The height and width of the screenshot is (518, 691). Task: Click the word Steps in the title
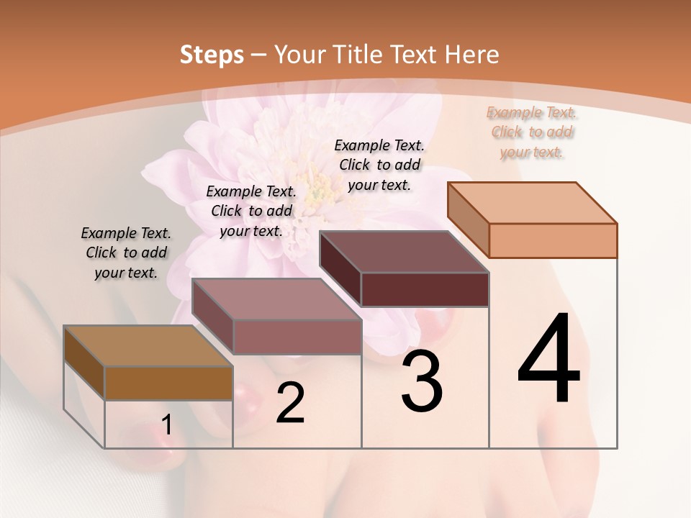tap(212, 55)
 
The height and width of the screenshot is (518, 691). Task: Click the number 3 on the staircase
tap(421, 381)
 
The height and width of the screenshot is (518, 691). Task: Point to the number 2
tap(290, 403)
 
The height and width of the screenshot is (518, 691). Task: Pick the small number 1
tap(167, 425)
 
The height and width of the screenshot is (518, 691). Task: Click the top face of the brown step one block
tap(148, 346)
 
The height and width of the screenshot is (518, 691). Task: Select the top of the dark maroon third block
tap(404, 252)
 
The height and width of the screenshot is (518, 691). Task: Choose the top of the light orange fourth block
tap(532, 203)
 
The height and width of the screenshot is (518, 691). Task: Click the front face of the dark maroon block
tap(425, 290)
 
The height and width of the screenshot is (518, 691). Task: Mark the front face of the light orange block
tap(553, 240)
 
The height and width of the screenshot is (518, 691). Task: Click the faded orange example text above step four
tap(532, 132)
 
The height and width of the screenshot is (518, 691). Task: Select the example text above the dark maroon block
tap(379, 165)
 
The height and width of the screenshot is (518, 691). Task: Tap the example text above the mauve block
tap(251, 211)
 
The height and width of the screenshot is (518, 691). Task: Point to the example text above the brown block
tap(126, 253)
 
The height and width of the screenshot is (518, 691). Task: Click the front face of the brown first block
tap(168, 383)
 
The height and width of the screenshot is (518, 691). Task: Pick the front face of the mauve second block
tap(297, 337)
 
